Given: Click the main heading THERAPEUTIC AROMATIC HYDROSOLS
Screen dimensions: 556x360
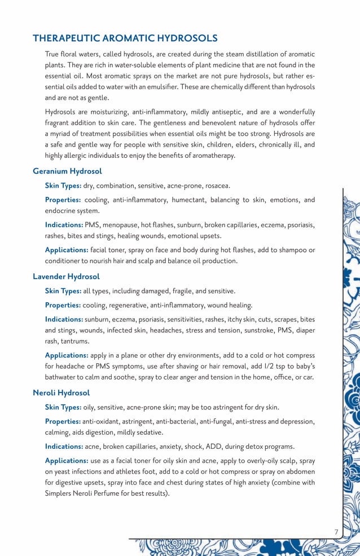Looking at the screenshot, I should pos(125,38).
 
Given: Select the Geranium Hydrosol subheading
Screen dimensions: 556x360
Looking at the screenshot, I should pos(67,171).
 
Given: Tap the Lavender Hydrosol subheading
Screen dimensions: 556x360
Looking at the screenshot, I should pos(66,276).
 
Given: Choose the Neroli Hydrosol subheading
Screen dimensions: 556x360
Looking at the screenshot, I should pos(61,392).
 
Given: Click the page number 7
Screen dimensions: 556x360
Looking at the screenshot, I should pos(336,532).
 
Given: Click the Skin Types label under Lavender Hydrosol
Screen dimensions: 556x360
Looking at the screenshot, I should pos(63,291).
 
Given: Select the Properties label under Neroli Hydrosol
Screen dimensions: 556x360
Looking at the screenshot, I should pos(63,422).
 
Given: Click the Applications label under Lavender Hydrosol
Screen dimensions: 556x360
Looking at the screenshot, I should pos(66,355).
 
